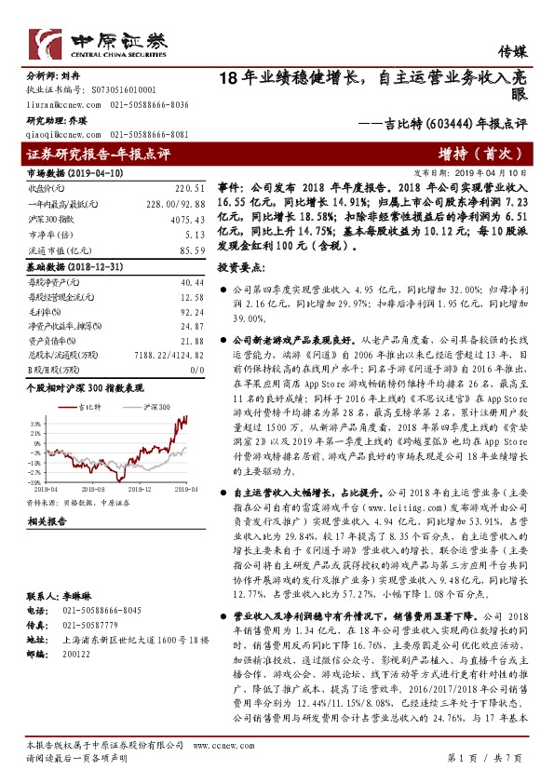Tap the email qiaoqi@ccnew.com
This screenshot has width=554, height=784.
point(58,134)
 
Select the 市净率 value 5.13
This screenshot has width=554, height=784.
point(194,237)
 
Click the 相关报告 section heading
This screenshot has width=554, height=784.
point(44,522)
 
